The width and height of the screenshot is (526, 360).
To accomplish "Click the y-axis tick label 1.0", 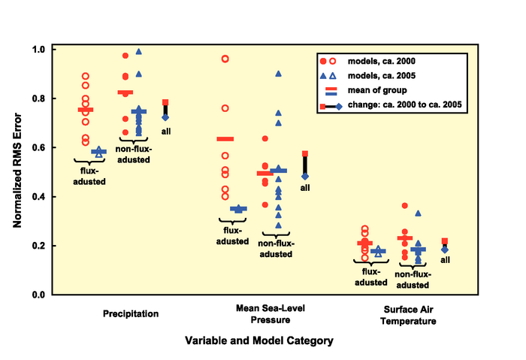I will point(37,50).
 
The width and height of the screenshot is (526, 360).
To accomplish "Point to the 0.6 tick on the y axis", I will point(37,148).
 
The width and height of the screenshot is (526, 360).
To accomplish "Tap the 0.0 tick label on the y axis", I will point(37,295).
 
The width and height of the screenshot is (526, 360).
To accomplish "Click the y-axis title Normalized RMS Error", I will point(17,171).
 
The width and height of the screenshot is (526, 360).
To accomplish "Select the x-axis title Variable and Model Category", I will point(259,340).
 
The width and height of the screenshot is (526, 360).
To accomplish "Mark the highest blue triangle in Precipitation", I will point(138,52).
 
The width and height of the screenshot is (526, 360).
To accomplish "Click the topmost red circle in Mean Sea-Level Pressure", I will point(225,59).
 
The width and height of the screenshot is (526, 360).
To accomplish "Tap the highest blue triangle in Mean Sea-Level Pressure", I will point(279,74).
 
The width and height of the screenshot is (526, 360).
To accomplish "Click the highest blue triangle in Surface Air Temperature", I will point(418,213).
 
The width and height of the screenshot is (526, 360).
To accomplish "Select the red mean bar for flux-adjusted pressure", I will point(225,139).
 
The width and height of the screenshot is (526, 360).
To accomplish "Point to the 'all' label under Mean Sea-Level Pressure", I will point(305,187).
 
